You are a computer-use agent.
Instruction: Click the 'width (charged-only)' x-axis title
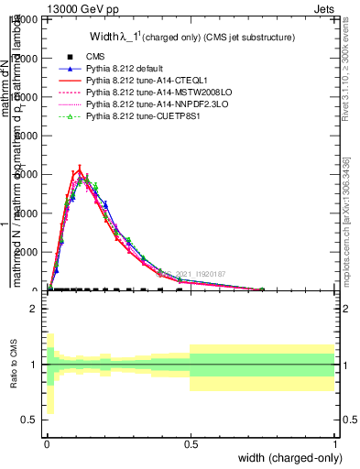(289, 457)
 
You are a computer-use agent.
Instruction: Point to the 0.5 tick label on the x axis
(191, 442)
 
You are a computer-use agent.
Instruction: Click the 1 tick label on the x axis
(334, 442)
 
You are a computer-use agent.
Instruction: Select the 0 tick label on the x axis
(47, 442)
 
